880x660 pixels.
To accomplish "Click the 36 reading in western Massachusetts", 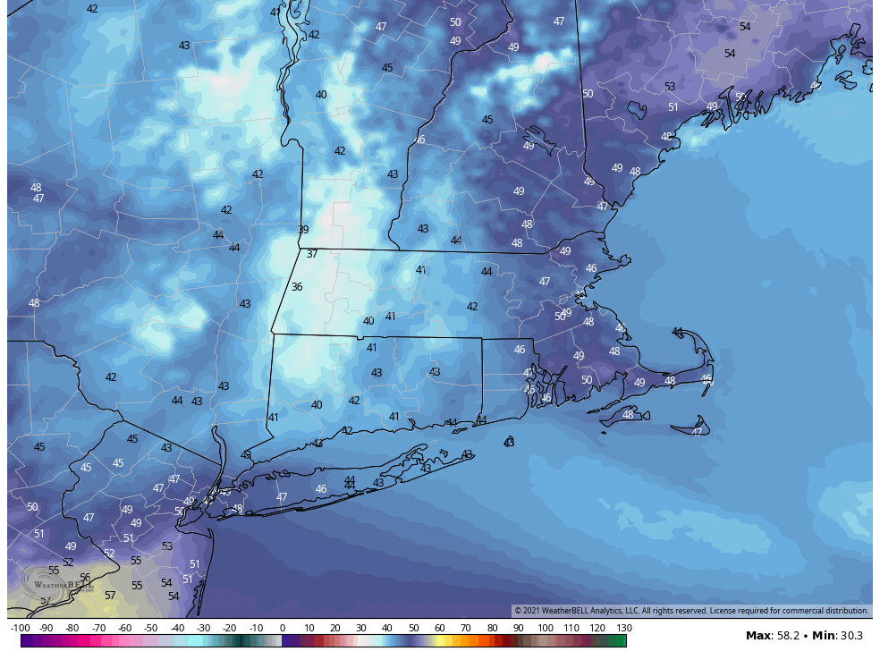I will pyautogui.click(x=297, y=287).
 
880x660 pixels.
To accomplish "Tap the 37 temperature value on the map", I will pyautogui.click(x=312, y=254).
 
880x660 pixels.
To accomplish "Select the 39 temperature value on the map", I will pyautogui.click(x=303, y=230).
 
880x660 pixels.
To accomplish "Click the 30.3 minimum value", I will pyautogui.click(x=850, y=636).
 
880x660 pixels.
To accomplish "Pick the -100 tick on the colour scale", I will pyautogui.click(x=21, y=629).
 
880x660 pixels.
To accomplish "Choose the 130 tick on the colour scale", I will pyautogui.click(x=624, y=629).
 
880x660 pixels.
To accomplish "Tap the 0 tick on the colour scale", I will pyautogui.click(x=283, y=629).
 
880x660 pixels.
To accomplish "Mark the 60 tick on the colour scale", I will pyautogui.click(x=440, y=629).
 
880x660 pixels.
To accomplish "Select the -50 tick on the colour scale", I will pyautogui.click(x=151, y=629).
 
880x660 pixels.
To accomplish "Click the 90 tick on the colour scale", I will pyautogui.click(x=519, y=629).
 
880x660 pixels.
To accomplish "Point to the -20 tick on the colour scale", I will pyautogui.click(x=230, y=629).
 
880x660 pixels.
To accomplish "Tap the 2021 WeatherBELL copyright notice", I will pyautogui.click(x=690, y=611).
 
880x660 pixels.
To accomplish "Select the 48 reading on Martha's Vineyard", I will pyautogui.click(x=628, y=415).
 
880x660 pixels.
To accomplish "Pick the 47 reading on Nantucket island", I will pyautogui.click(x=697, y=432).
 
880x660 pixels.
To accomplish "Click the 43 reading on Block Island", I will pyautogui.click(x=509, y=442).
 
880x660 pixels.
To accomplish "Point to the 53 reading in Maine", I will pyautogui.click(x=670, y=87).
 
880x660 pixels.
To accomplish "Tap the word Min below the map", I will pyautogui.click(x=823, y=636).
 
